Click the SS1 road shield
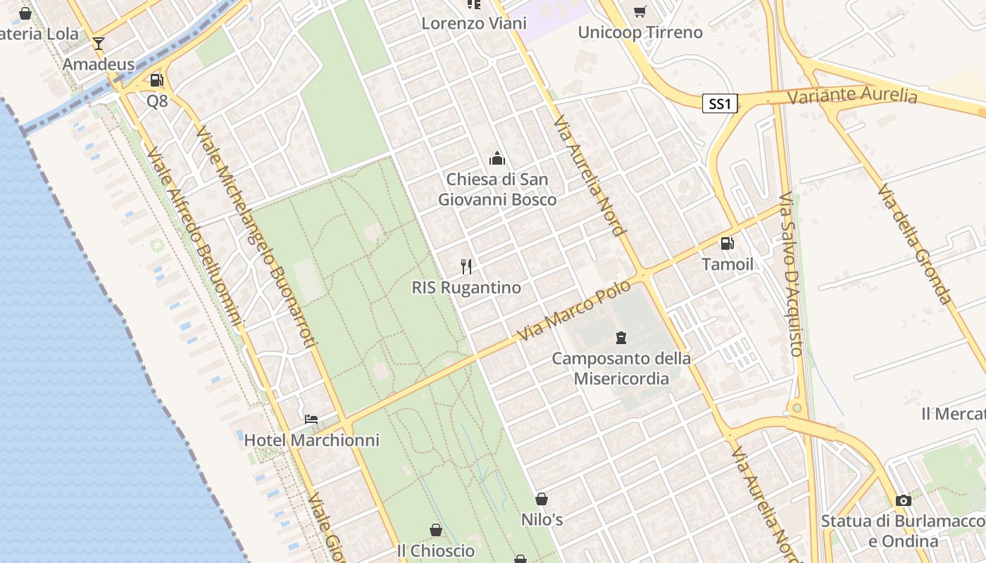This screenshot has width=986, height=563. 720,104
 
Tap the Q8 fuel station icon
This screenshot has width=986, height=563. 156,81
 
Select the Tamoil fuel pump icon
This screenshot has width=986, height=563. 727,243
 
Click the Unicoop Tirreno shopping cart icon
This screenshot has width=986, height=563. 639,11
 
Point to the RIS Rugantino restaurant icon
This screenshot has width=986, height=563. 466,266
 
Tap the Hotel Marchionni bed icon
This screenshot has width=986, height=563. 311,419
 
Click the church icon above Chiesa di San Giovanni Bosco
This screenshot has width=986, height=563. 497,158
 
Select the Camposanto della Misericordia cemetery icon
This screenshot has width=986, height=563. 620,338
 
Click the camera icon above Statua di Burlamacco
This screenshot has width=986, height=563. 903,501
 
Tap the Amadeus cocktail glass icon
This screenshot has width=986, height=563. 99,44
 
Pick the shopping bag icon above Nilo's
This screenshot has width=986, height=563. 542,499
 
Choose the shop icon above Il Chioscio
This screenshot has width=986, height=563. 436,530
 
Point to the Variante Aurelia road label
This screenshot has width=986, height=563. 852,96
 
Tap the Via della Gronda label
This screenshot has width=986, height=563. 915,243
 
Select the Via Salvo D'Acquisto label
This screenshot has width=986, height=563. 791,274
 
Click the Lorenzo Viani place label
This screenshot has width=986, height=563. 474,23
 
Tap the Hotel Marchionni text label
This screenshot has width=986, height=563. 311,441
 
